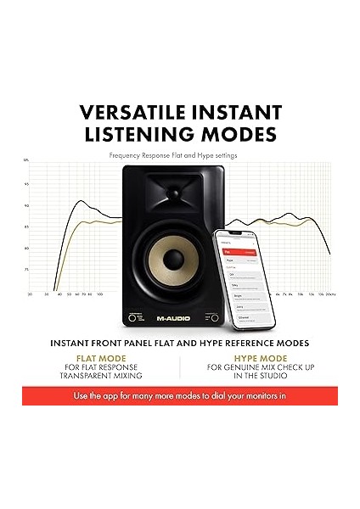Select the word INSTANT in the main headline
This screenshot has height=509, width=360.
[239, 113]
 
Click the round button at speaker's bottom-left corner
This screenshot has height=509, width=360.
[132, 318]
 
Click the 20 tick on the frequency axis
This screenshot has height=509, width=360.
[31, 294]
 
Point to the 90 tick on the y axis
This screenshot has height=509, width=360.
[26, 205]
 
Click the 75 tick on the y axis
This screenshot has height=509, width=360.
[26, 269]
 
